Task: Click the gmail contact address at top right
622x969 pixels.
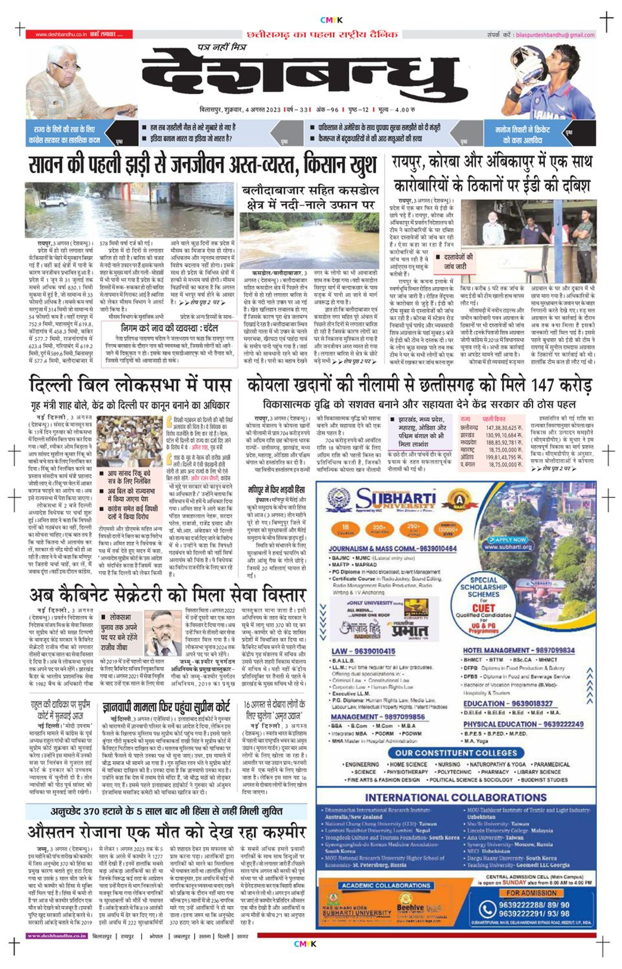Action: tap(555, 35)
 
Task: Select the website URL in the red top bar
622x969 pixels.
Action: tap(61, 35)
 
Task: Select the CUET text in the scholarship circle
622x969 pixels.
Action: tap(483, 608)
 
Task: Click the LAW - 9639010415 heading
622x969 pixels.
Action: tap(363, 651)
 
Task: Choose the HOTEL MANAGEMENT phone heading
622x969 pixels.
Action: tap(518, 650)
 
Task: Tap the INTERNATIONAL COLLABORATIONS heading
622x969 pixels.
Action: tap(456, 797)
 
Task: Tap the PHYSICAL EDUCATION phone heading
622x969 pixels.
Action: tap(523, 724)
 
